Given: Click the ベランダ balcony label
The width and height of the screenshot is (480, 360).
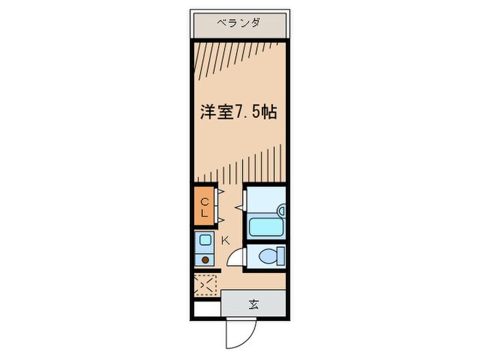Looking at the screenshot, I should pyautogui.click(x=239, y=23).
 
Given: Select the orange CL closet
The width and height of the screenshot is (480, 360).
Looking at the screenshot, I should pyautogui.click(x=204, y=206).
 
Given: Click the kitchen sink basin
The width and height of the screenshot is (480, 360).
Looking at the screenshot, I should pyautogui.click(x=204, y=241).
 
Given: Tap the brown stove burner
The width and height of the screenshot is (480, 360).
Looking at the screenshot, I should pyautogui.click(x=204, y=259).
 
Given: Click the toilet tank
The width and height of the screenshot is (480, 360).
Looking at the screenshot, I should pyautogui.click(x=280, y=257).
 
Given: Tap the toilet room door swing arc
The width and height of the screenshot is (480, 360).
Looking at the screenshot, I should pyautogui.click(x=235, y=257).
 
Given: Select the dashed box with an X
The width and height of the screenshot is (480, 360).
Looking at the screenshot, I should pyautogui.click(x=205, y=284).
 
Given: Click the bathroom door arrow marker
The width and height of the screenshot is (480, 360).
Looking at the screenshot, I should pyautogui.click(x=239, y=205).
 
